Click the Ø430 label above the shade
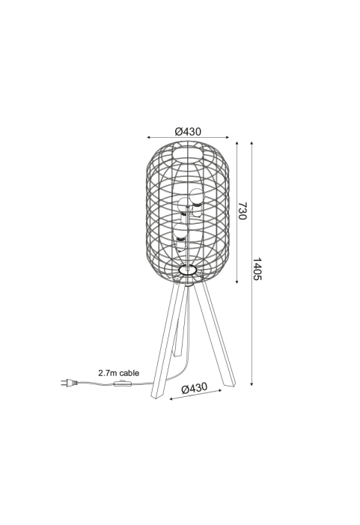coord(188,132)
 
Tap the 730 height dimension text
coord(242,210)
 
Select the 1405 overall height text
coord(257,269)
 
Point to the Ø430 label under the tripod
coord(194,388)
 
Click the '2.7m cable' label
coord(119,373)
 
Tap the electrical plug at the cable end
coord(70,383)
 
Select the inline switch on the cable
coord(120,383)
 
